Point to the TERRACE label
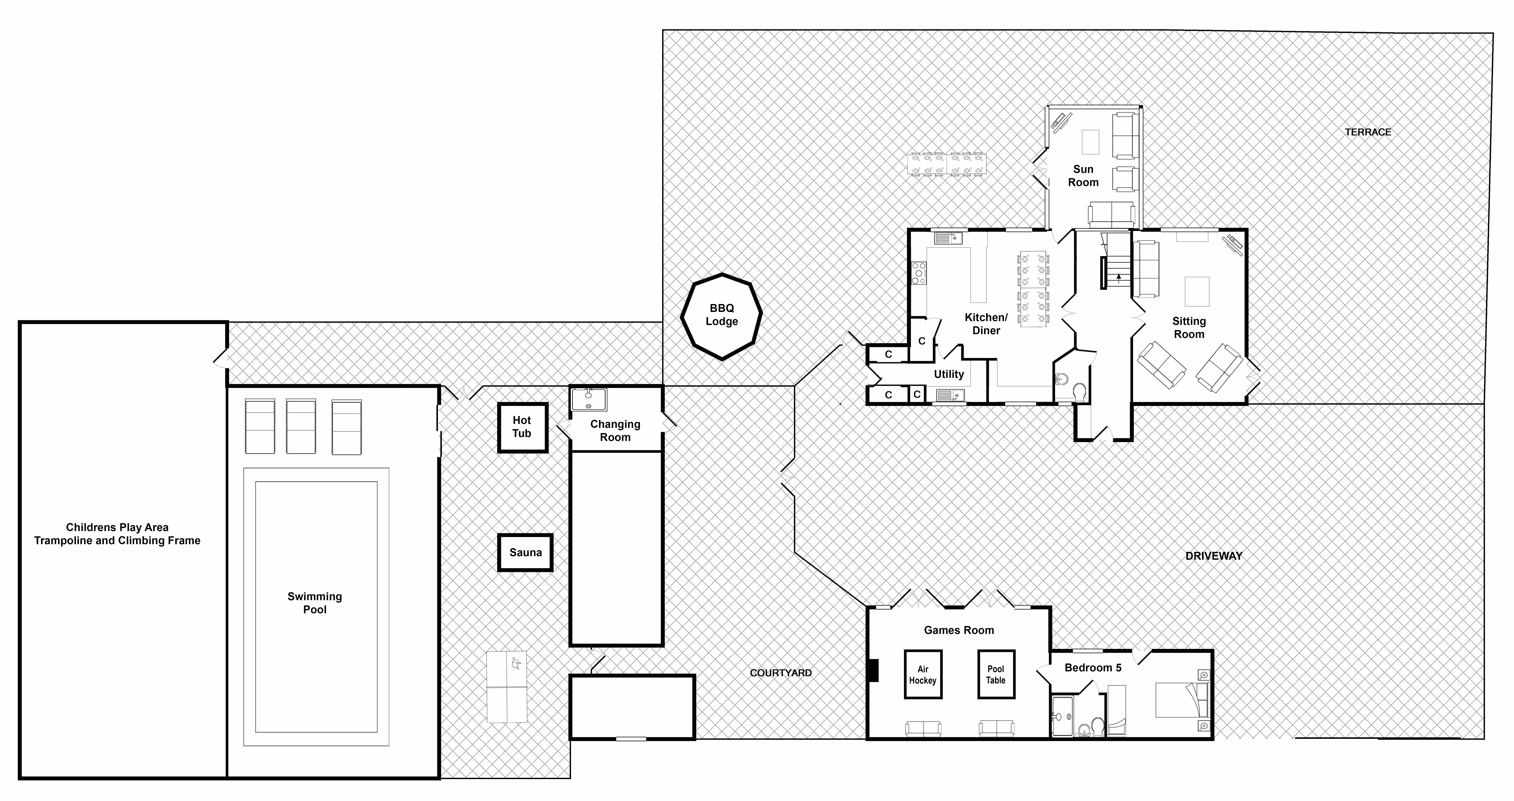coord(1368,132)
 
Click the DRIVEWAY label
coord(1214,556)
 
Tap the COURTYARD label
coord(780,673)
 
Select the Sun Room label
coord(1083,176)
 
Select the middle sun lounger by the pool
coord(301,426)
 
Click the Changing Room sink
coord(588,399)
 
